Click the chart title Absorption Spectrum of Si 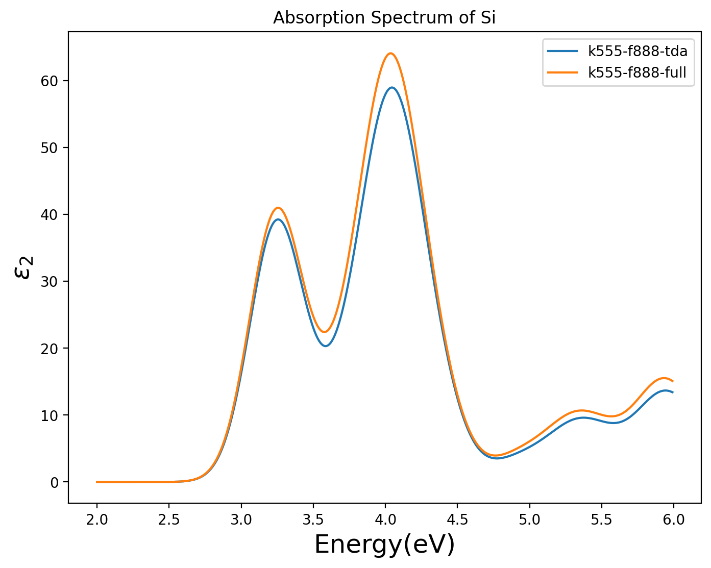[x=384, y=18]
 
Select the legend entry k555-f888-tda [x=638, y=51]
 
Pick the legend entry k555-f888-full [x=638, y=73]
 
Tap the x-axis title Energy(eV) [x=384, y=545]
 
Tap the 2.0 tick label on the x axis [x=96, y=520]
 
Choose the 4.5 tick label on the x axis [x=457, y=520]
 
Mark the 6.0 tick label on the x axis [x=674, y=520]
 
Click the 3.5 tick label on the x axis [x=313, y=520]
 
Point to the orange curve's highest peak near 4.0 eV [x=390, y=53]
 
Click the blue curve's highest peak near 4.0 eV [x=391, y=87]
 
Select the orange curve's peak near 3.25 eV [x=278, y=208]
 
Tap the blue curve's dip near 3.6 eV [x=326, y=346]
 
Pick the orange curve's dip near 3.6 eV [x=324, y=332]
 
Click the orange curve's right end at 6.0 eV [x=673, y=381]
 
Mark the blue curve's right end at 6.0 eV [x=673, y=392]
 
